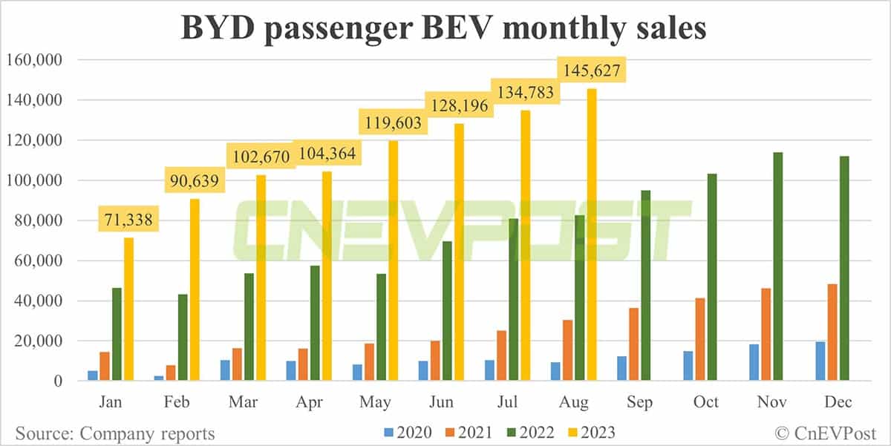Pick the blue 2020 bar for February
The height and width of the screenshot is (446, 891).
(159, 378)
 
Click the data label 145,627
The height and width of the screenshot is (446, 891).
(592, 71)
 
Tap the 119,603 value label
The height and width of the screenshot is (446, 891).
(393, 122)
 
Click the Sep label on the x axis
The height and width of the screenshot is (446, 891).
(639, 402)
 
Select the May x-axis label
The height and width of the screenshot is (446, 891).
(375, 402)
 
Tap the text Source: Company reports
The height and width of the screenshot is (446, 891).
(113, 433)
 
